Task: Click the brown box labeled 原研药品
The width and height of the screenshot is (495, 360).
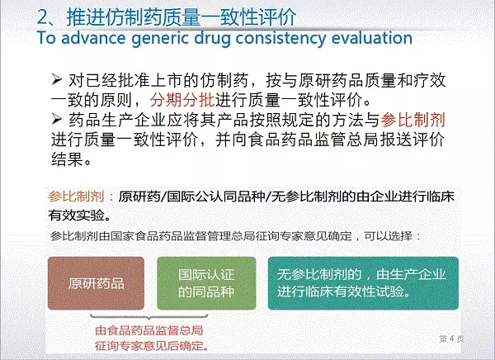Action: point(96,283)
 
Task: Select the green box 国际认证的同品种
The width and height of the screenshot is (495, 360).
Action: point(206,283)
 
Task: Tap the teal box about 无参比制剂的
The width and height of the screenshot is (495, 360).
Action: point(363,283)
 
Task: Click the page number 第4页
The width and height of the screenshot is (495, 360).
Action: point(451,339)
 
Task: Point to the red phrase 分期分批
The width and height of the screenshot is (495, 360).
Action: point(182,100)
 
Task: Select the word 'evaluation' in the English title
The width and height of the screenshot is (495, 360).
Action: point(372,38)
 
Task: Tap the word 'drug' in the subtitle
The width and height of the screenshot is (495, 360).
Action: point(213,38)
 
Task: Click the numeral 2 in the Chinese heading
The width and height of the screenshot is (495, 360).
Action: point(43,17)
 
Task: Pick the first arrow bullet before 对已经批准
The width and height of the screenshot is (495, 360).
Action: point(56,79)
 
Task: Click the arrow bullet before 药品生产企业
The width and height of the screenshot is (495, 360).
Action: point(56,119)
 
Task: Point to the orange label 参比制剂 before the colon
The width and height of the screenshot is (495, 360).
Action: point(76,197)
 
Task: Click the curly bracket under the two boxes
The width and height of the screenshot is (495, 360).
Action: point(149,317)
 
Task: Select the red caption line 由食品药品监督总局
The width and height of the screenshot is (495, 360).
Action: point(149,330)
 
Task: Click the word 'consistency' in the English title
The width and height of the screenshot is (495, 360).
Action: point(280,38)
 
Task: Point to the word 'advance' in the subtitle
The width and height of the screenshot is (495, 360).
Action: point(93,38)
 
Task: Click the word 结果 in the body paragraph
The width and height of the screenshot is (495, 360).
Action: point(68,159)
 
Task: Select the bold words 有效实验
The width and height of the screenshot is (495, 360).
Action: point(76,216)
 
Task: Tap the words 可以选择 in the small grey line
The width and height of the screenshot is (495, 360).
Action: point(388,236)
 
